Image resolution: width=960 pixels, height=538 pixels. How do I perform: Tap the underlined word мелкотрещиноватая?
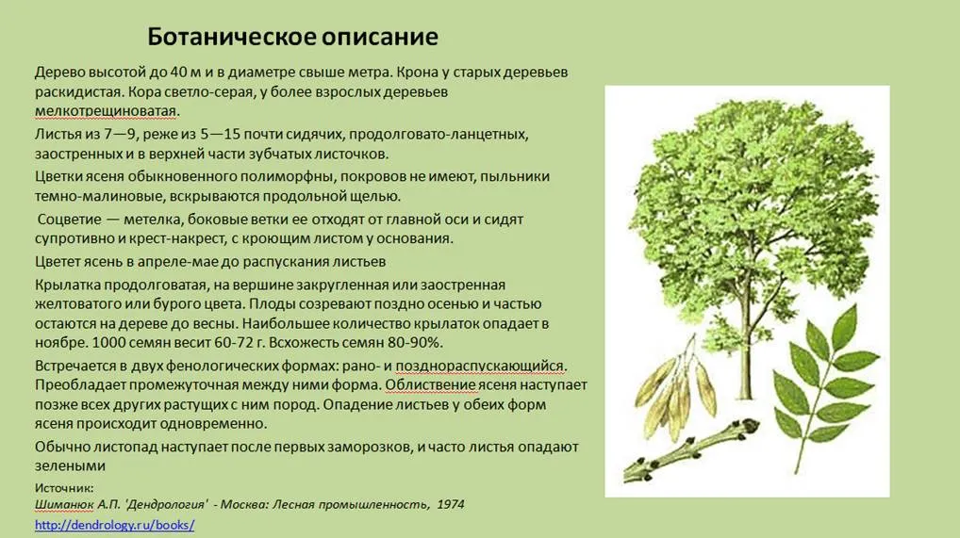pos(106,111)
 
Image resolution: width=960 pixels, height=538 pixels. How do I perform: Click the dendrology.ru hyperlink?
pos(114,525)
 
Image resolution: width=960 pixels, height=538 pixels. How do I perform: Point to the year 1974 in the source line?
pos(450,504)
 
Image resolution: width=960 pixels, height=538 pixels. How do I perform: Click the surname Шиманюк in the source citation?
pos(64,504)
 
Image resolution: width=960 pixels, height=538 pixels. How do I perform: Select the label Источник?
pos(64,488)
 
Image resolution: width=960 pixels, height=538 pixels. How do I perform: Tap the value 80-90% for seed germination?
pos(413,342)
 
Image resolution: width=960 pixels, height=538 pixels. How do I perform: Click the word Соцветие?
pos(69,220)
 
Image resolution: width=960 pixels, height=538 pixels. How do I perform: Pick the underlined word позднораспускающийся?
pos(479,366)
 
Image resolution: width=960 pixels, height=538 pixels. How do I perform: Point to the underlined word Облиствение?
pos(430,385)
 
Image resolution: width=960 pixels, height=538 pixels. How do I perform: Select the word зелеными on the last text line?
pos(70,465)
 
